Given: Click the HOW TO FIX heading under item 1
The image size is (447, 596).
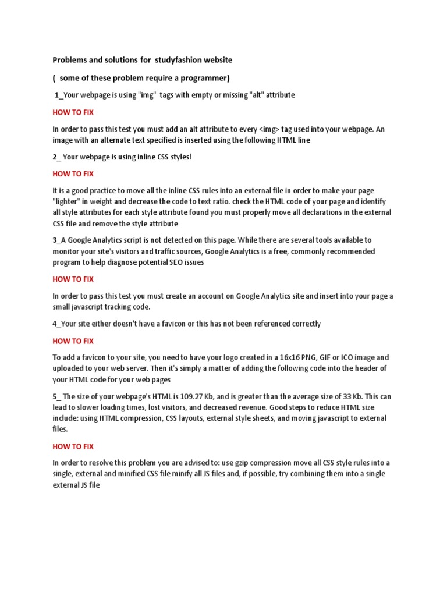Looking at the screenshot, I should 73,112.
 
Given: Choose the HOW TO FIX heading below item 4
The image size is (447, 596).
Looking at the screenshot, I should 73,341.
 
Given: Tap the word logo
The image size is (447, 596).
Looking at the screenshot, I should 233,357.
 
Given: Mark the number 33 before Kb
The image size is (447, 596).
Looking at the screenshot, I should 357,397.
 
